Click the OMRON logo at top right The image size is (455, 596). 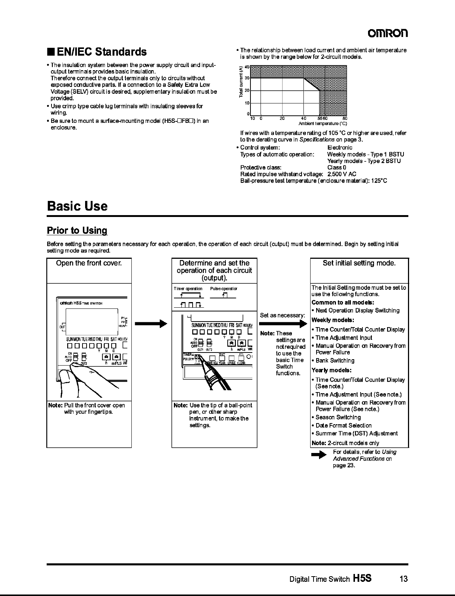click(388, 33)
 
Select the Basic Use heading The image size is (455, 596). click(77, 206)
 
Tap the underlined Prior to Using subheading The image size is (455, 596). click(77, 230)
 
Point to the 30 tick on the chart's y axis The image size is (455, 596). click(246, 78)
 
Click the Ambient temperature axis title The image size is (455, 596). click(322, 124)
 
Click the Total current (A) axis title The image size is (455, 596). click(241, 82)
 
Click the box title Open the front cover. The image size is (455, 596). click(89, 263)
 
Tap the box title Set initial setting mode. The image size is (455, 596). click(359, 263)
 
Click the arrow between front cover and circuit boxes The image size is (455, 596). click(151, 324)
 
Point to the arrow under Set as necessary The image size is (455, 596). click(283, 324)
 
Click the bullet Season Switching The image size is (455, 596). click(338, 417)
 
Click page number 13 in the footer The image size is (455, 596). click(403, 579)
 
